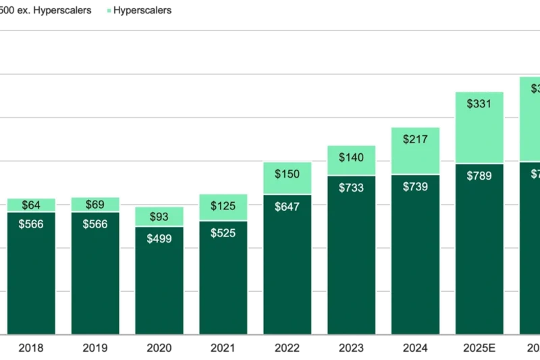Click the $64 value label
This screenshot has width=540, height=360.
point(31,205)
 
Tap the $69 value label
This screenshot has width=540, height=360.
point(95,204)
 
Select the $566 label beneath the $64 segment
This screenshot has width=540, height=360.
point(31,224)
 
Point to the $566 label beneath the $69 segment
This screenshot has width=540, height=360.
point(95,224)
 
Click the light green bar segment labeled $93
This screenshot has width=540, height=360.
point(159,216)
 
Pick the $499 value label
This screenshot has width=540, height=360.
point(159,239)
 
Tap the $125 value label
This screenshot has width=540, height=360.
point(223,206)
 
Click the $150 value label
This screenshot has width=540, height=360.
point(287,174)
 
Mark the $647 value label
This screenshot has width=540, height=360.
point(287,207)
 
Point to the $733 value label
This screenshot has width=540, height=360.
point(351,188)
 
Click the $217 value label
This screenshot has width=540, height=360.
point(415,140)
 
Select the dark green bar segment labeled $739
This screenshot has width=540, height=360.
point(415,257)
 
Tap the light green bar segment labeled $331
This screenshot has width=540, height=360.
point(479,126)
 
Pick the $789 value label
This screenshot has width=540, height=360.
point(479,176)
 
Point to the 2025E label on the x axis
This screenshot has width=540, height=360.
point(479,349)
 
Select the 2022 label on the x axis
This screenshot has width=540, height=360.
point(287,349)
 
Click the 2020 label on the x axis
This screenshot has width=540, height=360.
point(159,349)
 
